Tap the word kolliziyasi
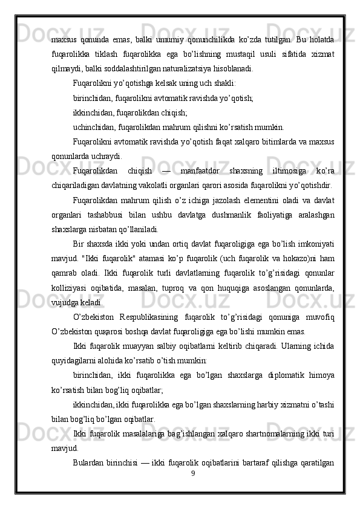coord(71,287)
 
